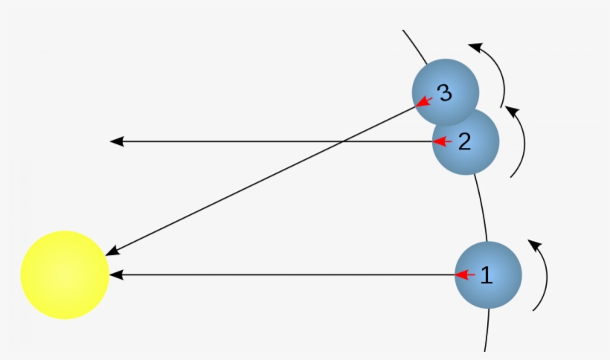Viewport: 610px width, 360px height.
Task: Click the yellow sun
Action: pyautogui.click(x=65, y=275)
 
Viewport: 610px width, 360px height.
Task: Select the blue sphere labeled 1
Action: pyautogui.click(x=488, y=275)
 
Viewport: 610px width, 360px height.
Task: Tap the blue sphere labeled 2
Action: pyautogui.click(x=466, y=141)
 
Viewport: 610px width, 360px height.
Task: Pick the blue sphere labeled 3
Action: pyautogui.click(x=446, y=92)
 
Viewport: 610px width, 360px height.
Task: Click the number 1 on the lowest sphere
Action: pyautogui.click(x=487, y=275)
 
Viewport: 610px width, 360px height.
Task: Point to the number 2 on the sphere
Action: pyautogui.click(x=465, y=141)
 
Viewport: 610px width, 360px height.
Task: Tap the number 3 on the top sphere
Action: pyautogui.click(x=445, y=93)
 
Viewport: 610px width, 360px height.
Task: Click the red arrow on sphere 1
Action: pyautogui.click(x=465, y=275)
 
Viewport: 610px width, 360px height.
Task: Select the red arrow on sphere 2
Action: pyautogui.click(x=443, y=141)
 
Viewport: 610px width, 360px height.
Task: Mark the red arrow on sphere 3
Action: pyautogui.click(x=424, y=102)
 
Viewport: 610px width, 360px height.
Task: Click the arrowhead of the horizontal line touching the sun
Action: pyautogui.click(x=117, y=275)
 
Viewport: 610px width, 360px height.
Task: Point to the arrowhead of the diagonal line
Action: pyautogui.click(x=112, y=251)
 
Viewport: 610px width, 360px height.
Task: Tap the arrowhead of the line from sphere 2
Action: pyautogui.click(x=117, y=141)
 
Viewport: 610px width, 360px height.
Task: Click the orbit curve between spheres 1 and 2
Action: pyautogui.click(x=482, y=208)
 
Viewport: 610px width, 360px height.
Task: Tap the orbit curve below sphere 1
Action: pyautogui.click(x=487, y=330)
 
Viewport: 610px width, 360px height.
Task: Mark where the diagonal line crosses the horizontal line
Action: pyautogui.click(x=342, y=141)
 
